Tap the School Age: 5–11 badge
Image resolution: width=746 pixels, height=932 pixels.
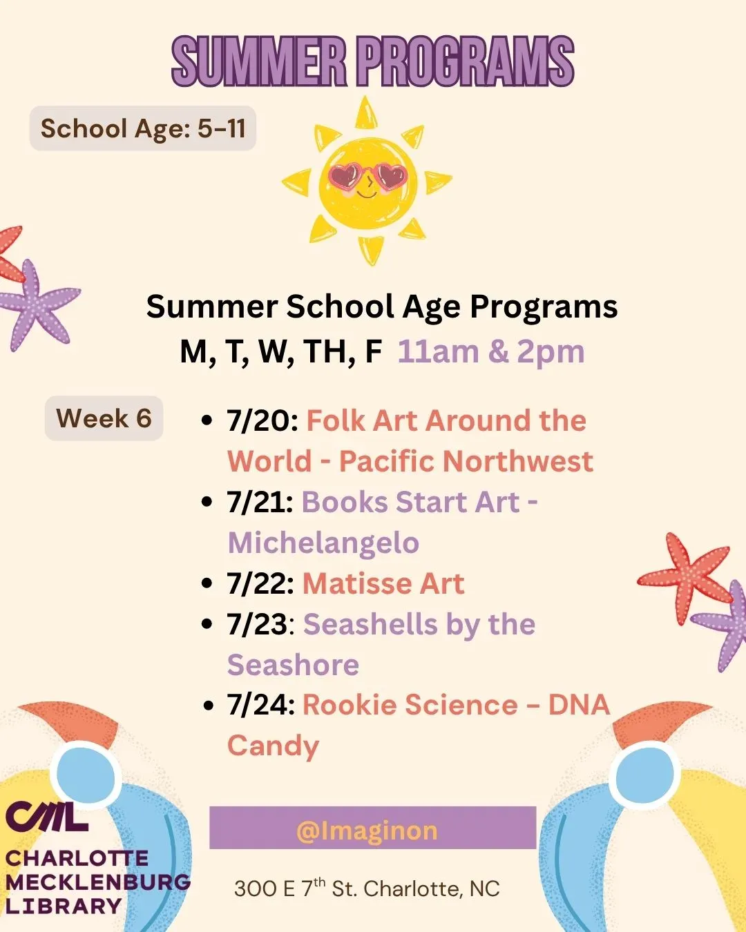coord(142,128)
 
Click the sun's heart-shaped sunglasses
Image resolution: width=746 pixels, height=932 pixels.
coord(367,175)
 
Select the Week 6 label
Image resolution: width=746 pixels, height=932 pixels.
coord(104,418)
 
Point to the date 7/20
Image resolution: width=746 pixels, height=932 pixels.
coord(262,420)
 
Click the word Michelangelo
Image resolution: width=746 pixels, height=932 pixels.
coord(323,543)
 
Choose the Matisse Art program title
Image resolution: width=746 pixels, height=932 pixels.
coord(383,583)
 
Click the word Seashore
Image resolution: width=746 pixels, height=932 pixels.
coord(294,665)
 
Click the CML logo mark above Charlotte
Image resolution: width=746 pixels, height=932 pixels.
coord(47,817)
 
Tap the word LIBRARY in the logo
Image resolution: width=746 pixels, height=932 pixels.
coord(64,906)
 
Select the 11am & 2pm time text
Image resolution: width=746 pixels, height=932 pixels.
coord(491,351)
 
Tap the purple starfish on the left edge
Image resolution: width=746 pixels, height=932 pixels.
coord(37,304)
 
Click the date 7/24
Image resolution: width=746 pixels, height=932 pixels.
coord(261,706)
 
